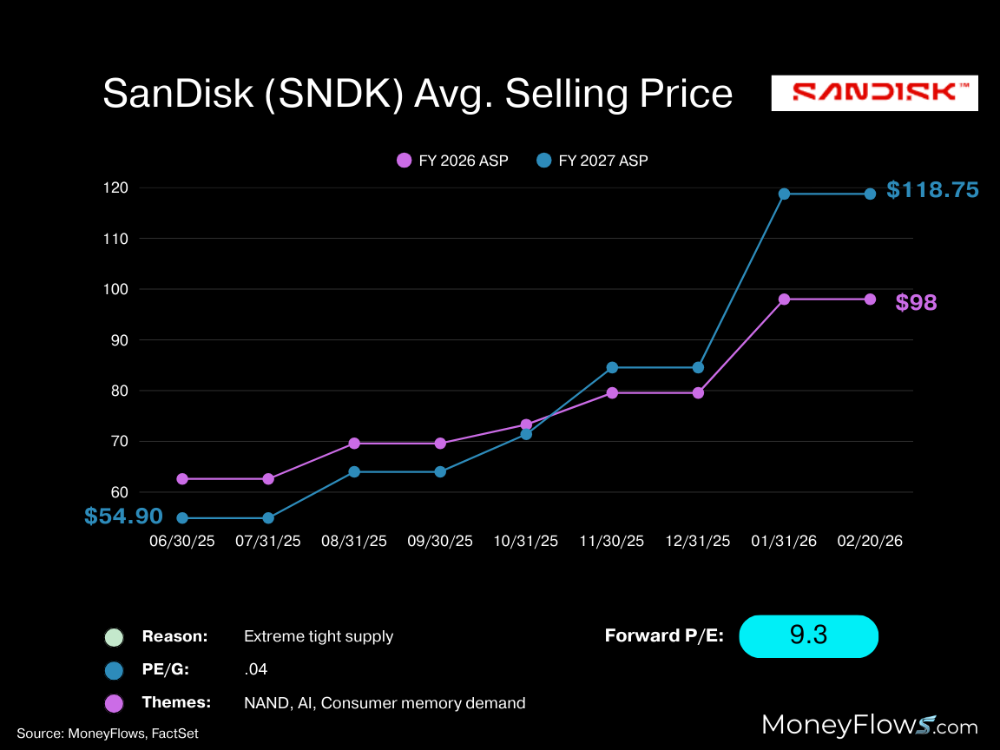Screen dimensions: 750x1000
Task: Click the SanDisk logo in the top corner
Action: [x=874, y=93]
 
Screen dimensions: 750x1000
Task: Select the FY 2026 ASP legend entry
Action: [x=452, y=161]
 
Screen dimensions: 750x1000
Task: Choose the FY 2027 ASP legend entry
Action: [x=592, y=161]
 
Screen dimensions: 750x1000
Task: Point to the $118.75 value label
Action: [x=932, y=190]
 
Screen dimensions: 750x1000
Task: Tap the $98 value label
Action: [x=916, y=303]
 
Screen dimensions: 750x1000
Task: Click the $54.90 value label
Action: [x=123, y=516]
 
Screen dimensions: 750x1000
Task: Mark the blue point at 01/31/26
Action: [x=784, y=194]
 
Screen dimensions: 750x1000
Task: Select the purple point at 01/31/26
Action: [x=784, y=299]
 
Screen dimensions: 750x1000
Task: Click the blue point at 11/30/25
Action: [x=612, y=367]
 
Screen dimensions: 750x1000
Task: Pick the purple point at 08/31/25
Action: [x=354, y=444]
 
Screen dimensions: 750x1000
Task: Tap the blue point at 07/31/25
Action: [x=268, y=518]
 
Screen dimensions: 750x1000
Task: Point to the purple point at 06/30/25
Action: [x=182, y=479]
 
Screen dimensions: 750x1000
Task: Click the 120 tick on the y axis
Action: [x=116, y=187]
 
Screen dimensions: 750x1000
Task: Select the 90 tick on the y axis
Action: [x=120, y=340]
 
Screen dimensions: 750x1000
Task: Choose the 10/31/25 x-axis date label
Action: [x=526, y=541]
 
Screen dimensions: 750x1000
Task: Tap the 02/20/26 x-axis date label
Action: [x=870, y=541]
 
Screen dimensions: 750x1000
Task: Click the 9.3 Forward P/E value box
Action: [x=808, y=636]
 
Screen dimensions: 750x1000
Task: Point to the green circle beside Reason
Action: [x=114, y=637]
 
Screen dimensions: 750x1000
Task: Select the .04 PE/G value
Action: [x=256, y=669]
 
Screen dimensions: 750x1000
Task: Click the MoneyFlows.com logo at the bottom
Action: [x=870, y=726]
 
